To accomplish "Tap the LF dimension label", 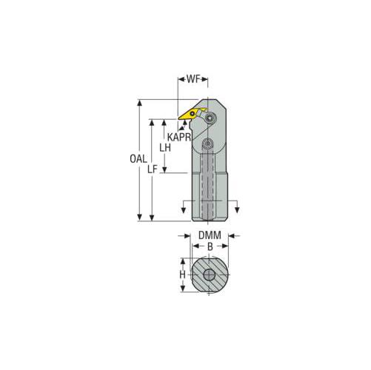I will click(152, 169).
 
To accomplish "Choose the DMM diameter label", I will click(208, 236).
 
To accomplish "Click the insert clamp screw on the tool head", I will click(211, 117).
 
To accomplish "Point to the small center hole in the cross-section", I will click(209, 275).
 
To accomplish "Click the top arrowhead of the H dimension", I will click(182, 261).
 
